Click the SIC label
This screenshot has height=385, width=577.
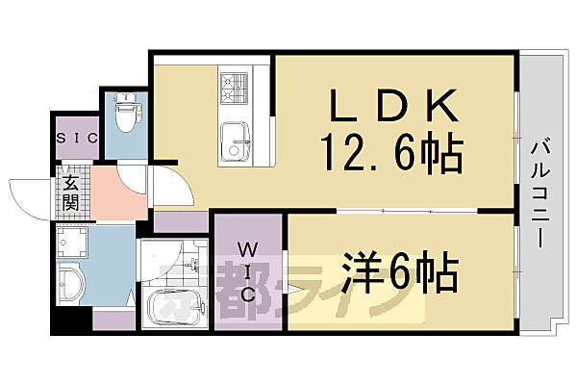(76, 138)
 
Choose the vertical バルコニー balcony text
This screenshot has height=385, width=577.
(538, 192)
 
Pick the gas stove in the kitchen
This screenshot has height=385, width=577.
(233, 90)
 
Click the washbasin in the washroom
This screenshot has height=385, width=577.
(69, 283)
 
